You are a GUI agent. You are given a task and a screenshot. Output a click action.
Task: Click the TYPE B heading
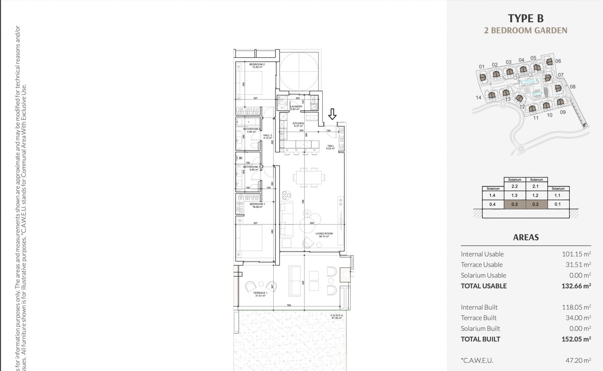tap(526, 18)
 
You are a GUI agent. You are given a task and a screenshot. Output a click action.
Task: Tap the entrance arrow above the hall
tap(332, 114)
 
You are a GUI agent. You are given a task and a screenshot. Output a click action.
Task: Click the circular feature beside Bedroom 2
tap(300, 71)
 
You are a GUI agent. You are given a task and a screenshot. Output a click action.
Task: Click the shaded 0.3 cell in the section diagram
tap(514, 204)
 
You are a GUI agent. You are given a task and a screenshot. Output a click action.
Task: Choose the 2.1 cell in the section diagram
tap(536, 186)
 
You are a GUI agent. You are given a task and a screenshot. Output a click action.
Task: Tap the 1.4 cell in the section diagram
tap(492, 195)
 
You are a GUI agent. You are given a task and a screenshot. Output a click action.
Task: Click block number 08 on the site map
tap(572, 87)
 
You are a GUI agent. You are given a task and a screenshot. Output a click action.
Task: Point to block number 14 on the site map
tap(478, 97)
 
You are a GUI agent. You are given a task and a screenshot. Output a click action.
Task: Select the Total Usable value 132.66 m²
tap(576, 286)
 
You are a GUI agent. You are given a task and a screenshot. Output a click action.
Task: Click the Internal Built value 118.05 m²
tap(576, 307)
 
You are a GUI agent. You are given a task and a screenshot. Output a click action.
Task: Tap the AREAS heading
tap(526, 237)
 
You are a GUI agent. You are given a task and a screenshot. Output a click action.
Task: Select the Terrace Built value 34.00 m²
tap(578, 318)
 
